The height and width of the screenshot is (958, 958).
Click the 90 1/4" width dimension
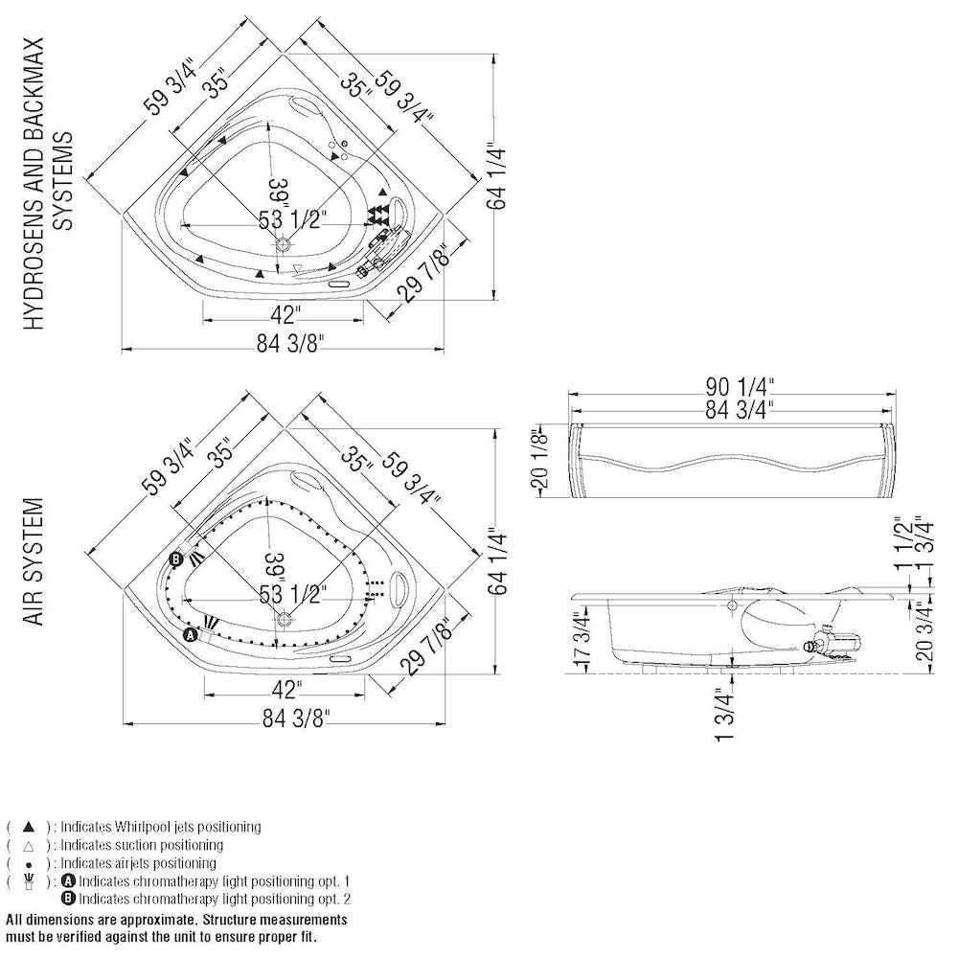tap(740, 387)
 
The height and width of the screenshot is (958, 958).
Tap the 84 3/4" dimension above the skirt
tap(740, 409)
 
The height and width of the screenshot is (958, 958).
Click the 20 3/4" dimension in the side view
tap(925, 631)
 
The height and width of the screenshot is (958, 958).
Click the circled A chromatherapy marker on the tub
tap(191, 635)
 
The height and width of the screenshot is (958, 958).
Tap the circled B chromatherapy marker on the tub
tap(176, 559)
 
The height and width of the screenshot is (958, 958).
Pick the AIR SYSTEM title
tap(34, 561)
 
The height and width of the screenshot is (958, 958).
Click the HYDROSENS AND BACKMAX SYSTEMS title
tap(48, 183)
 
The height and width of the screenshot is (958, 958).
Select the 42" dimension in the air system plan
tap(285, 689)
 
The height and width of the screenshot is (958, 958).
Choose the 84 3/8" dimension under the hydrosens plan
tap(289, 343)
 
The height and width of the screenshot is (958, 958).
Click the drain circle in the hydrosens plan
tap(284, 245)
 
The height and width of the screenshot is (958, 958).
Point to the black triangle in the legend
tap(29, 827)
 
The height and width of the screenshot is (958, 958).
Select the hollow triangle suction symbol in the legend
tap(29, 846)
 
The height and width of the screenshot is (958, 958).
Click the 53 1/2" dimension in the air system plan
tap(293, 594)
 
